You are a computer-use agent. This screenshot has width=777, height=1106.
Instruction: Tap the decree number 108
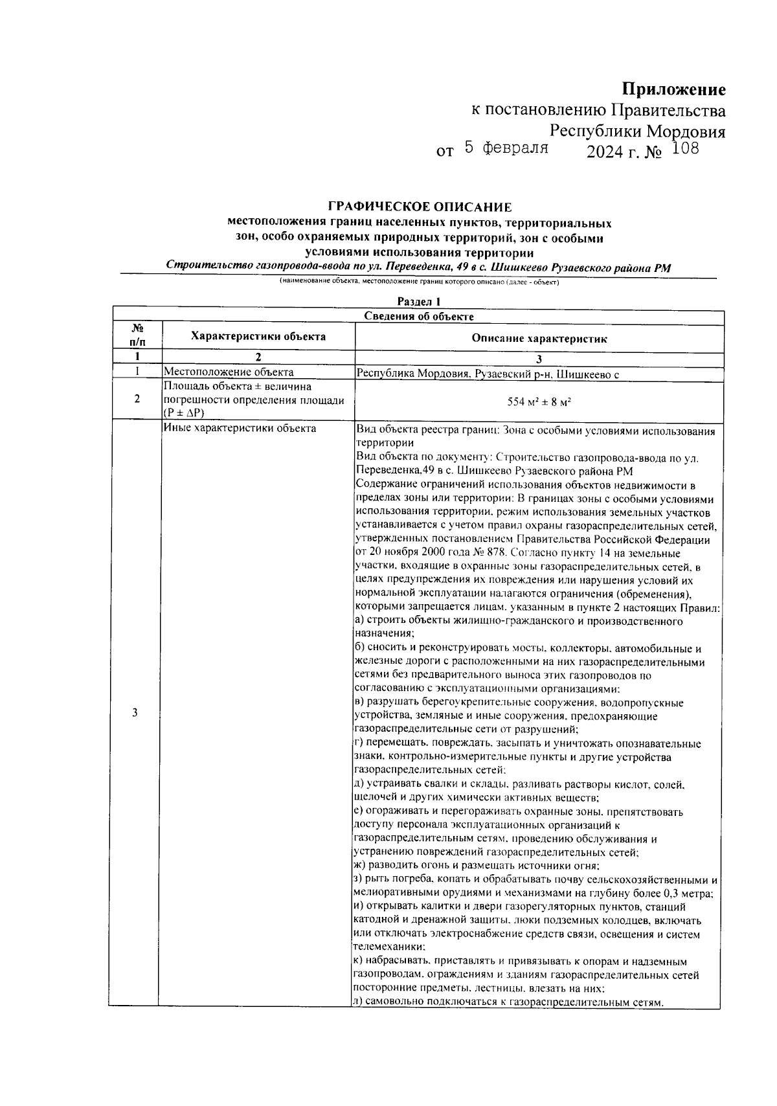(686, 150)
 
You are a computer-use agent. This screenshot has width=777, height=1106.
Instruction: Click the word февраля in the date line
(516, 148)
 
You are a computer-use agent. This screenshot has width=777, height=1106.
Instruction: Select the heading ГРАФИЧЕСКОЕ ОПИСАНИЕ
(420, 207)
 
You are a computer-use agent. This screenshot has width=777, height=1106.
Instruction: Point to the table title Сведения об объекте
(419, 317)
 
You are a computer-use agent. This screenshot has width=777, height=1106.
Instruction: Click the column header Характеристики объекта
(258, 337)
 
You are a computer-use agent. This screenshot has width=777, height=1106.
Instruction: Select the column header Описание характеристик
(539, 339)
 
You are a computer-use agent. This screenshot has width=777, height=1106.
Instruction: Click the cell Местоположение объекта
(229, 372)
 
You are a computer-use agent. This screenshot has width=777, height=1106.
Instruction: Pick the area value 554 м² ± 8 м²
(539, 402)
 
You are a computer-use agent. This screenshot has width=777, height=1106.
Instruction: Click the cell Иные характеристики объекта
(240, 428)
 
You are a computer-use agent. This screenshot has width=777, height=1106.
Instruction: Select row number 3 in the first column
(135, 713)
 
